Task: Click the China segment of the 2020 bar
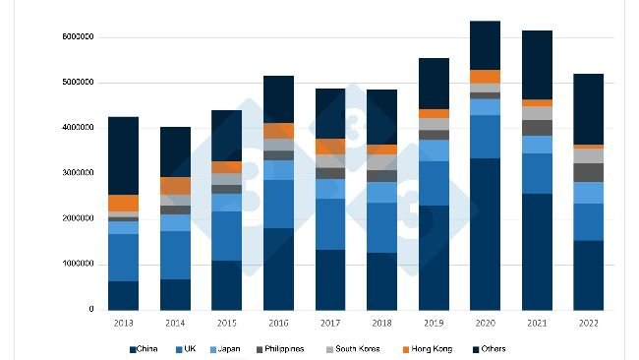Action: tap(485, 234)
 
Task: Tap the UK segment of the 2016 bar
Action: tap(278, 204)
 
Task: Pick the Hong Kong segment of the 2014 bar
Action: tap(175, 186)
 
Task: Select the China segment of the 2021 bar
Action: tap(536, 252)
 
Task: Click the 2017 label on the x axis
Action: tap(329, 322)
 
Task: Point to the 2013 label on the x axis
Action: tap(123, 322)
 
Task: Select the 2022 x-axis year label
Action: tap(588, 322)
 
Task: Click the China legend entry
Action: tap(146, 348)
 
